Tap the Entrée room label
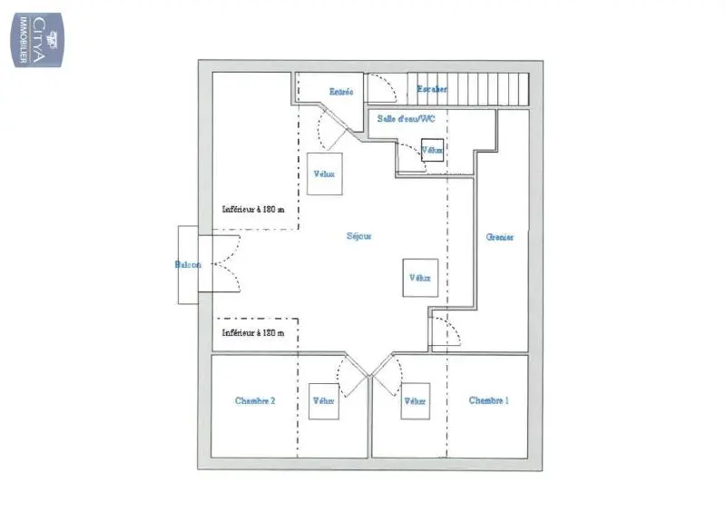point(341,91)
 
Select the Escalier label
point(431,89)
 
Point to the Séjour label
point(359,236)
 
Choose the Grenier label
point(500,237)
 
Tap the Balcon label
point(188,265)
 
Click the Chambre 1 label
point(488,400)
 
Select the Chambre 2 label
point(254,400)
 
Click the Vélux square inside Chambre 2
point(323,400)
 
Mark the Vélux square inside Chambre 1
point(416,400)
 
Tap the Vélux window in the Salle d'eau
point(432,150)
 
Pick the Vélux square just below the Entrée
point(324,174)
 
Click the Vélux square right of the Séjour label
point(419,278)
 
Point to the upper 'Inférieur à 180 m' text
point(253,209)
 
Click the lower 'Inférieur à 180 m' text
point(253,332)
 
